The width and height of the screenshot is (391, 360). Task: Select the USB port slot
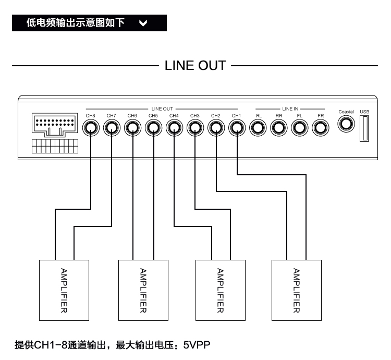[x=364, y=128]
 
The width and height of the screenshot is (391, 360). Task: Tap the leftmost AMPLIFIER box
[x=63, y=290]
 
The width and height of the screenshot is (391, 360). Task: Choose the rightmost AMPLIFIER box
[x=297, y=290]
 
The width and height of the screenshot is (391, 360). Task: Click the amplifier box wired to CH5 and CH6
[x=143, y=290]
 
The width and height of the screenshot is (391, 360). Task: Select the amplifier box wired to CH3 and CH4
[x=219, y=290]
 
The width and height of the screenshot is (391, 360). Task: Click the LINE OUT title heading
[x=195, y=66]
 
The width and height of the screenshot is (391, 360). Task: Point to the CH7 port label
[x=111, y=115]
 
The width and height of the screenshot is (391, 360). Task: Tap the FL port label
[x=300, y=115]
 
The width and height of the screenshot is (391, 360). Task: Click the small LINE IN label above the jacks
[x=290, y=109]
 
